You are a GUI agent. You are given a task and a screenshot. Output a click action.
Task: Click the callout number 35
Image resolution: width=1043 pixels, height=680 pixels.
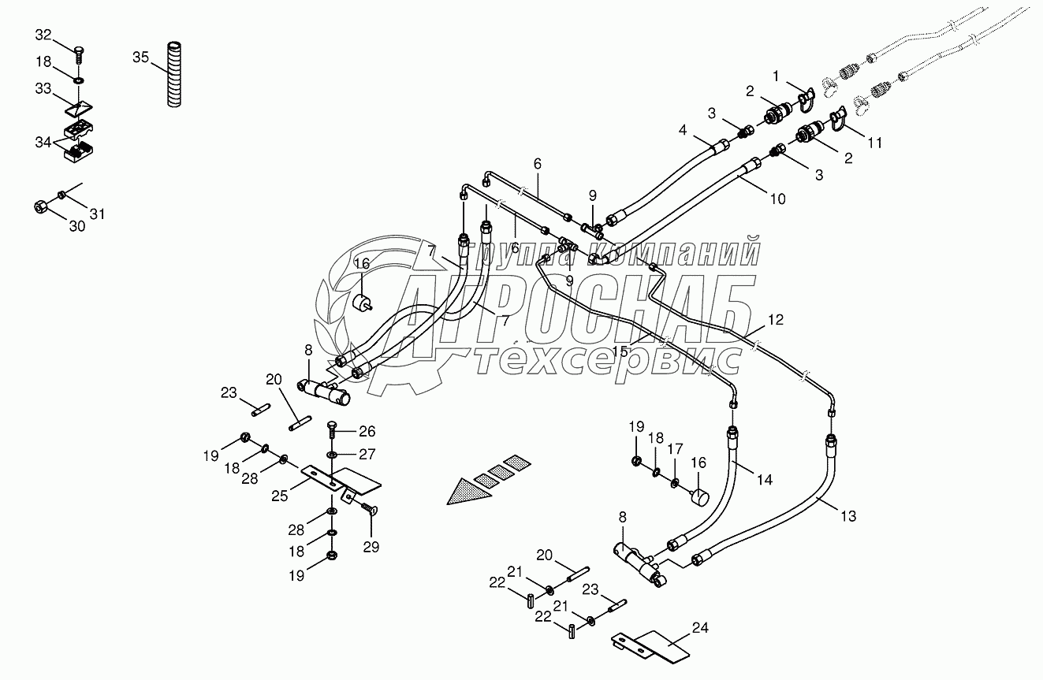click(x=140, y=57)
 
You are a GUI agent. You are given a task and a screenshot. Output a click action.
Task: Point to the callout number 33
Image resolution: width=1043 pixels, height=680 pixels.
click(x=44, y=89)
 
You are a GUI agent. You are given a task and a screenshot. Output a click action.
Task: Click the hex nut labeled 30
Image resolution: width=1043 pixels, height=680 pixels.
click(x=42, y=206)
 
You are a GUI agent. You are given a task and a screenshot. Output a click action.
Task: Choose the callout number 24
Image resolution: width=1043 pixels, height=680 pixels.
click(x=701, y=628)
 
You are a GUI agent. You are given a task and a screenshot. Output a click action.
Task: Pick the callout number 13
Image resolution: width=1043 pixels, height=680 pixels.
click(x=847, y=516)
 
